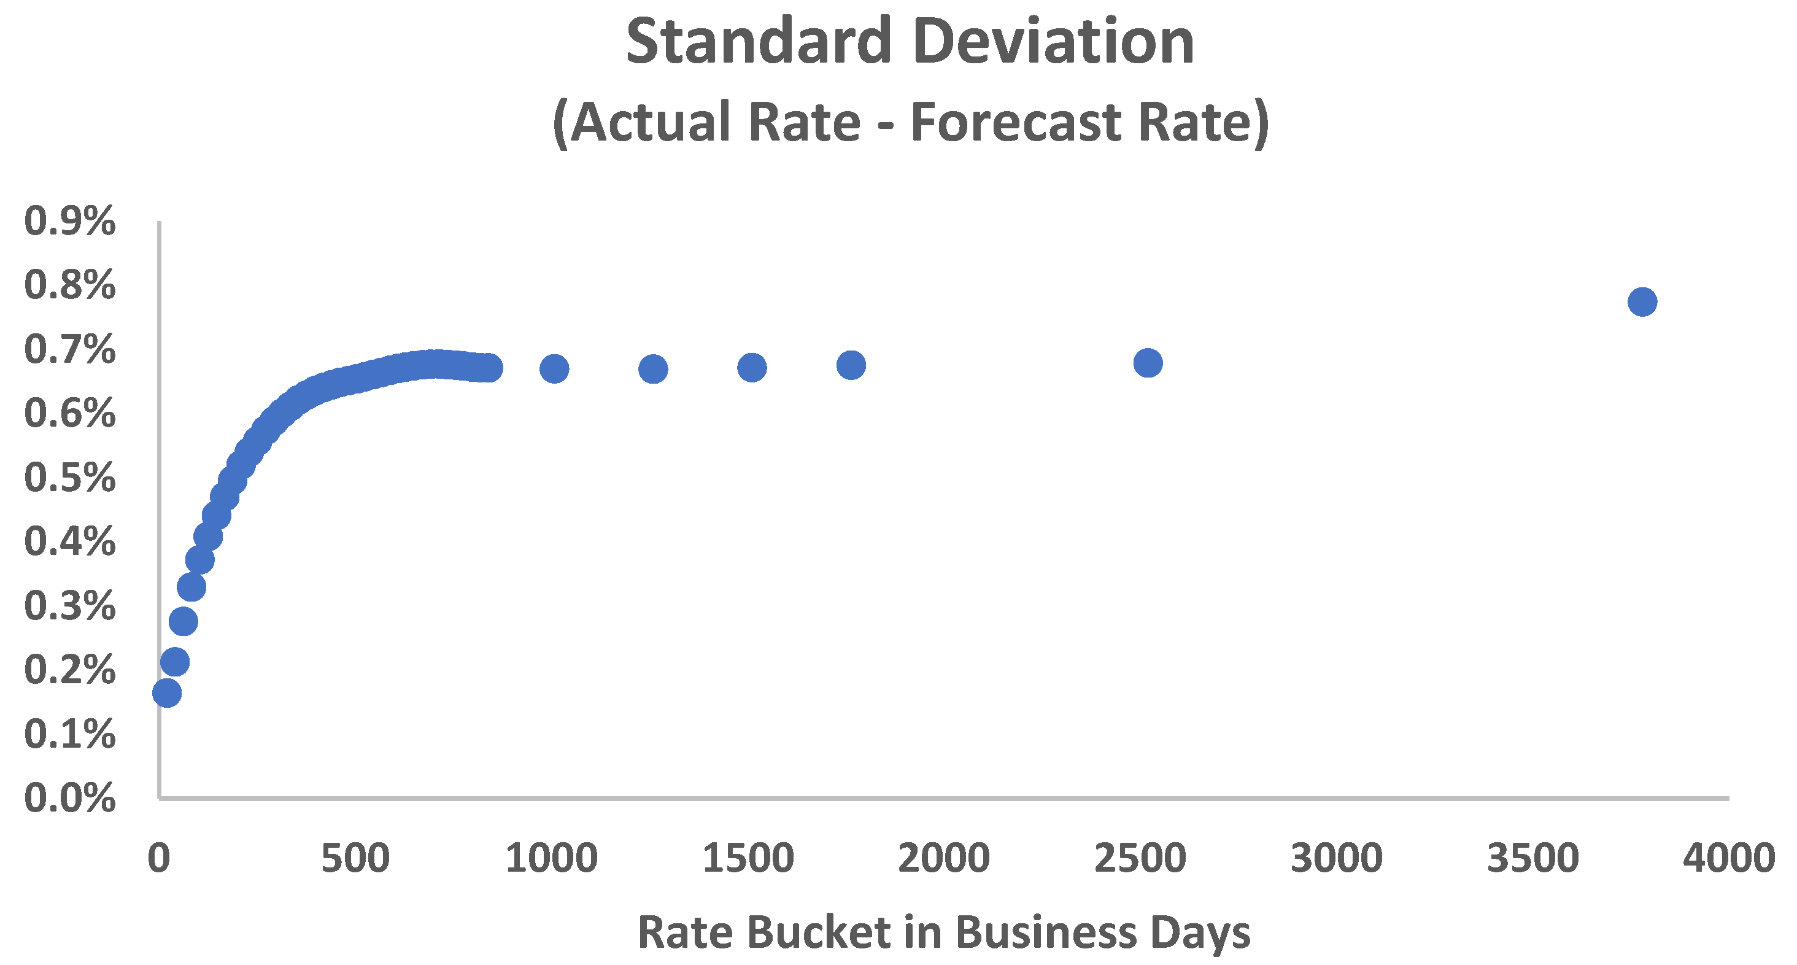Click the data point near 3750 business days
tap(1642, 302)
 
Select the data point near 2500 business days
tap(1148, 363)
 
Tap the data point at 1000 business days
tap(554, 368)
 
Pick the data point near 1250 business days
tap(653, 368)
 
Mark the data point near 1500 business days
tap(752, 367)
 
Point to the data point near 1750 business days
tap(851, 365)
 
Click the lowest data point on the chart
tap(167, 693)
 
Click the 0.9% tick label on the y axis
tap(70, 222)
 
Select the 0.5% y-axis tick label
tap(70, 478)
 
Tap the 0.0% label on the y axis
tap(70, 798)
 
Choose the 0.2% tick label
tap(70, 670)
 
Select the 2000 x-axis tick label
tap(943, 858)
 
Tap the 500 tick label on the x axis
tap(355, 858)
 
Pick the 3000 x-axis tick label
tap(1336, 858)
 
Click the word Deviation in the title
tap(1053, 42)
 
